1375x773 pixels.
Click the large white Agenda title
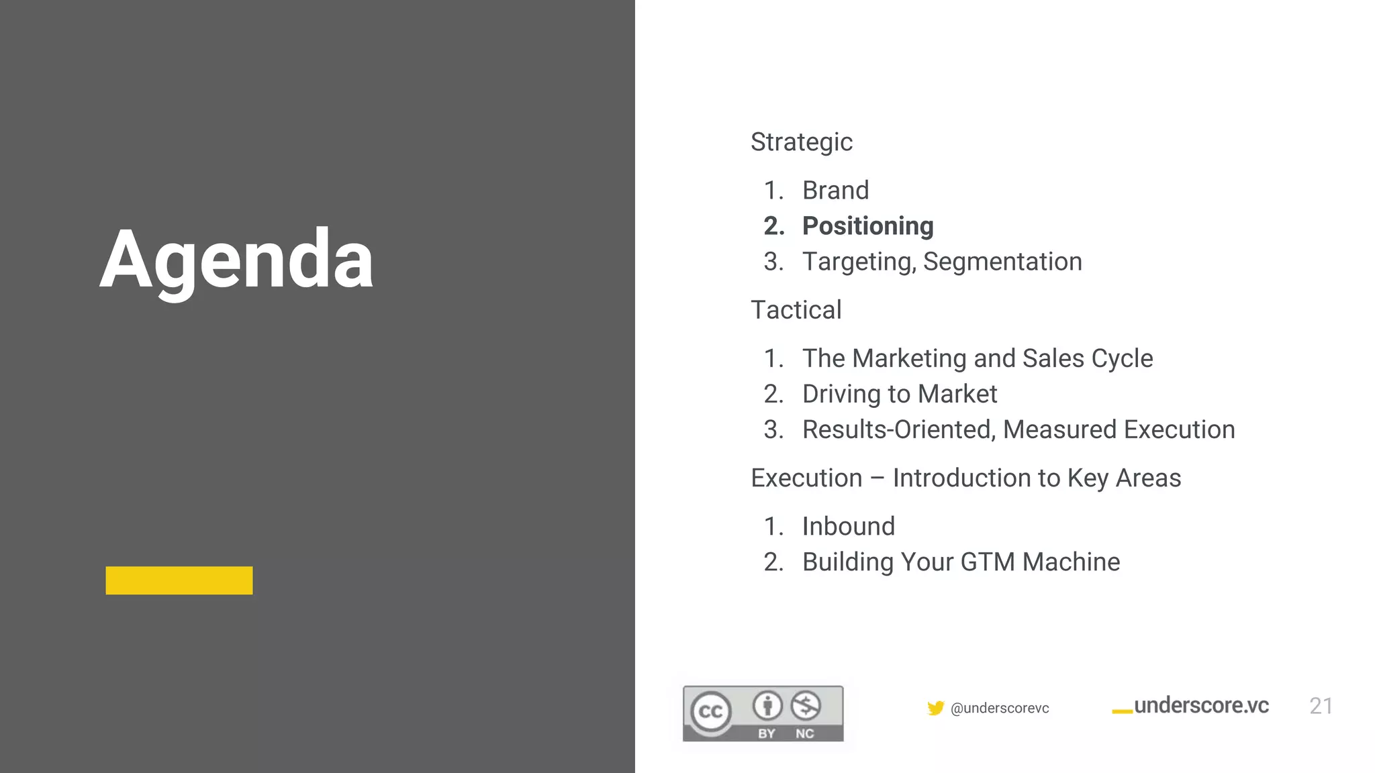(236, 260)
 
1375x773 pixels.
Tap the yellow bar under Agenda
(179, 580)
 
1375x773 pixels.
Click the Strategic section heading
(801, 142)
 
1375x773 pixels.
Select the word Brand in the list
(835, 191)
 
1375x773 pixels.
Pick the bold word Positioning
(867, 226)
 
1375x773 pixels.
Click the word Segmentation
(1002, 262)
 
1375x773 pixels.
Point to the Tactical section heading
(796, 310)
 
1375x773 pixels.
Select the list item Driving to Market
(899, 394)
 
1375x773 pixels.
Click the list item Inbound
(848, 527)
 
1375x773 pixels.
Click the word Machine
(1071, 562)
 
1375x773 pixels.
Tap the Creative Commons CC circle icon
(710, 712)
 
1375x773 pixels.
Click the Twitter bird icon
(935, 708)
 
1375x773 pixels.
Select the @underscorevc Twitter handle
(1000, 709)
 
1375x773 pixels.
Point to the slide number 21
(1321, 706)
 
